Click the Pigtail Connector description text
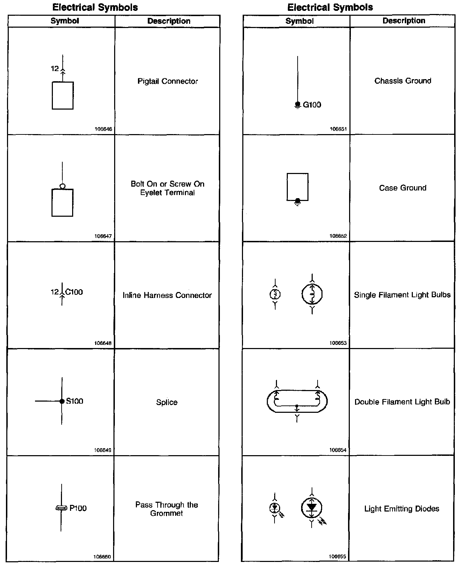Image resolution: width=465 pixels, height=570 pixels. [167, 81]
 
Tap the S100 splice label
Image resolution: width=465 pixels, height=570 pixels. [75, 401]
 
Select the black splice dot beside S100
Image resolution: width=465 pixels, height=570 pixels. [62, 401]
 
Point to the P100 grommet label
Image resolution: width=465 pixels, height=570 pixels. [78, 508]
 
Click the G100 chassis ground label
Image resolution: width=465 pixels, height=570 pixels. [312, 105]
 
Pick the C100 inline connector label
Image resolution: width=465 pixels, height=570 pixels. [74, 292]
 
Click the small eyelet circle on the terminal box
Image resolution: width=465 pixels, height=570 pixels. [62, 186]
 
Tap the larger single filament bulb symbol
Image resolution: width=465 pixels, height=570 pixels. [312, 294]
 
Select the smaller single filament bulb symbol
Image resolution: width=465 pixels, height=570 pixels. [275, 294]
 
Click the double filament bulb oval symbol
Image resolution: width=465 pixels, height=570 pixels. [297, 401]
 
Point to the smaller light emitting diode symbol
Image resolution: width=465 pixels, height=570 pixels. [275, 507]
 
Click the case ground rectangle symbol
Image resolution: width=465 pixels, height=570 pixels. [298, 187]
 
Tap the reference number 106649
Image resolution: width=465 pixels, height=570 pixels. [103, 450]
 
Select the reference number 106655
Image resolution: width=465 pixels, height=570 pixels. [338, 557]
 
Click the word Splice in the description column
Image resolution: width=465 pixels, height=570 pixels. [167, 402]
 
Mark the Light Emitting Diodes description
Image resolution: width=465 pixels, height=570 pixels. [402, 509]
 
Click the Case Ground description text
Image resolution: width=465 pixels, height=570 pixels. [403, 188]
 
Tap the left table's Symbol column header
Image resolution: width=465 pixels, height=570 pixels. [65, 21]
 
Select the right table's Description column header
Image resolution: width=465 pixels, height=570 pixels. [404, 21]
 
